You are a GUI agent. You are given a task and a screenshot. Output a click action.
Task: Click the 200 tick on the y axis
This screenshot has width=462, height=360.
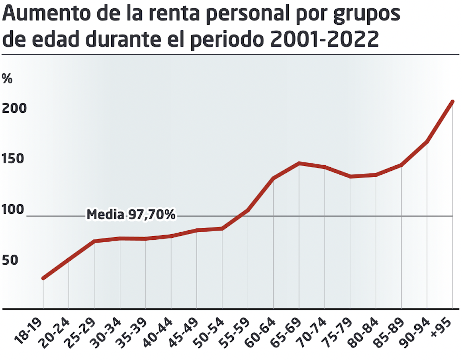[15, 108]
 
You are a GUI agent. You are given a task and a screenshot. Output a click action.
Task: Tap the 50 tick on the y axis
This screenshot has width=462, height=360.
[10, 260]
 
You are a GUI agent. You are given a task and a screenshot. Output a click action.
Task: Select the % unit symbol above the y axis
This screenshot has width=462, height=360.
[7, 78]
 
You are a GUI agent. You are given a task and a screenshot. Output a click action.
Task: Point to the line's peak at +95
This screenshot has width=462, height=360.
[453, 102]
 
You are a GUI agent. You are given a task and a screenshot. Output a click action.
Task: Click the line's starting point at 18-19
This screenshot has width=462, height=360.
[43, 278]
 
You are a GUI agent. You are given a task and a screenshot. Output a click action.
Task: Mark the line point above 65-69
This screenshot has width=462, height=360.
[299, 163]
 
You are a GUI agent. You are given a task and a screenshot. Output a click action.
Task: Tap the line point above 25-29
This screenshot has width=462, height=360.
[94, 241]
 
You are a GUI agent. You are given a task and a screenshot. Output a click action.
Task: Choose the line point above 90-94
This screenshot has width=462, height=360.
[427, 142]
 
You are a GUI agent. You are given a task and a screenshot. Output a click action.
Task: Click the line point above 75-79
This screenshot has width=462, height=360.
[350, 177]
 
